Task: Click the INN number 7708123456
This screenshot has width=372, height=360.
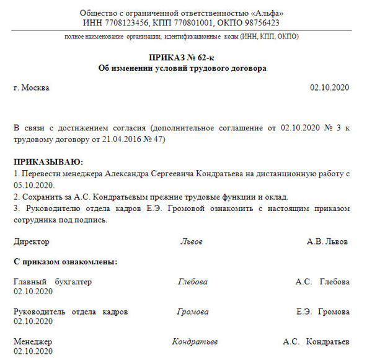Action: pyautogui.click(x=125, y=23)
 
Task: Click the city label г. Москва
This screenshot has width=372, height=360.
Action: pyautogui.click(x=32, y=88)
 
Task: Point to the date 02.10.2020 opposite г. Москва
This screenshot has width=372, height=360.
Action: pyautogui.click(x=329, y=88)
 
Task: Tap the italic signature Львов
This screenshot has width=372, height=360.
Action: pyautogui.click(x=191, y=241)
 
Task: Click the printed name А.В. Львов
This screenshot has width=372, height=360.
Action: pyautogui.click(x=327, y=241)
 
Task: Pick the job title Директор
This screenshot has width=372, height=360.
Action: pyautogui.click(x=31, y=241)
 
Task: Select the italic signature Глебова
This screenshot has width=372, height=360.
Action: pyautogui.click(x=192, y=282)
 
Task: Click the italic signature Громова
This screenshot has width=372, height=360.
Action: pyautogui.click(x=192, y=312)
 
